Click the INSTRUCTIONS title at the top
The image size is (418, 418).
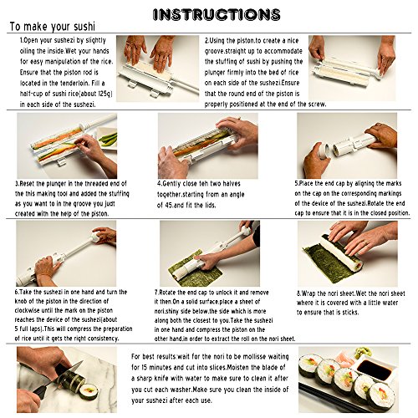point(217,14)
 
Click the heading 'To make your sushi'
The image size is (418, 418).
point(53,27)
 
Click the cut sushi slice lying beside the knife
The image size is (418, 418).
point(89,390)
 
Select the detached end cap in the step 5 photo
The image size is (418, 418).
point(324,150)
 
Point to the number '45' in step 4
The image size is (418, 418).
point(167,206)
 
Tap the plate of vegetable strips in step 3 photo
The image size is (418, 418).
point(106,138)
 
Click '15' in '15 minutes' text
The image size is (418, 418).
point(145,367)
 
